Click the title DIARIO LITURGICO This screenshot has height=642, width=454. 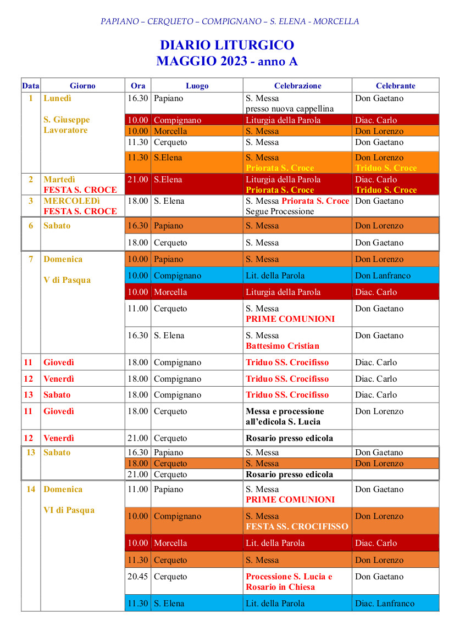pyautogui.click(x=227, y=45)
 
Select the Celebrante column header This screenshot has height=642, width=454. pyautogui.click(x=395, y=86)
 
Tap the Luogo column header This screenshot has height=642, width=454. pyautogui.click(x=197, y=86)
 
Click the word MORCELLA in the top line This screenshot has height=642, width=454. pyautogui.click(x=337, y=21)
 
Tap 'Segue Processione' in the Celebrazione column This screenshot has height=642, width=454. pyautogui.click(x=280, y=211)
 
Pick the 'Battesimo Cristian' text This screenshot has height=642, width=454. pyautogui.click(x=282, y=346)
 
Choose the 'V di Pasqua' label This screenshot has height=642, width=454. pyautogui.click(x=67, y=280)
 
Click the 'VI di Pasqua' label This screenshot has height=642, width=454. pyautogui.click(x=69, y=510)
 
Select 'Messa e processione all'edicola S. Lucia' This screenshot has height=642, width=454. pyautogui.click(x=285, y=416)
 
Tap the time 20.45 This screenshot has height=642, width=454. pyautogui.click(x=138, y=577)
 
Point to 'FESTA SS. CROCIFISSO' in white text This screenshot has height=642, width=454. pyautogui.click(x=297, y=527)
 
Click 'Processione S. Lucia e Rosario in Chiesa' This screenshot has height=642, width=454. pyautogui.click(x=289, y=582)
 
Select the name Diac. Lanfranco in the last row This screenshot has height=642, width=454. pyautogui.click(x=385, y=604)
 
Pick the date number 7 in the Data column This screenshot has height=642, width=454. pyautogui.click(x=31, y=259)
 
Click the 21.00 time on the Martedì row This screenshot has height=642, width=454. pyautogui.click(x=138, y=180)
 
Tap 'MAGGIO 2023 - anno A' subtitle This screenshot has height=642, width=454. pyautogui.click(x=227, y=62)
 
